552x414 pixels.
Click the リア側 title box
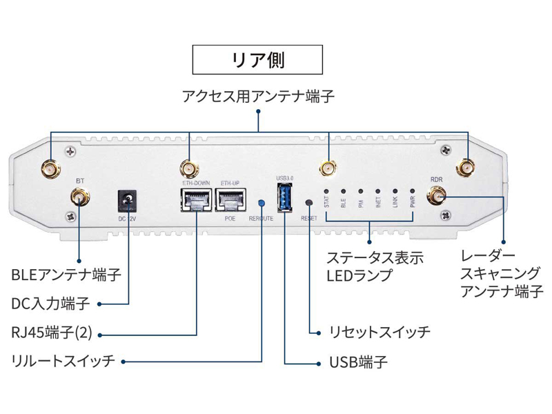[x=257, y=59]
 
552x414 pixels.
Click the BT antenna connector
[x=79, y=199]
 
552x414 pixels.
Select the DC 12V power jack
[x=128, y=201]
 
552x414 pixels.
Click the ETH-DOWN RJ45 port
[x=195, y=201]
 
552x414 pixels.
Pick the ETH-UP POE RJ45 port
[x=230, y=201]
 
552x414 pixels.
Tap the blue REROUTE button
[x=262, y=203]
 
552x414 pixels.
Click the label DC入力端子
[x=51, y=304]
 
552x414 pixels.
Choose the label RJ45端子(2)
[x=52, y=333]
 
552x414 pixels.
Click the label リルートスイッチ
[x=63, y=362]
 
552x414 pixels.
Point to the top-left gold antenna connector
[x=51, y=168]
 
